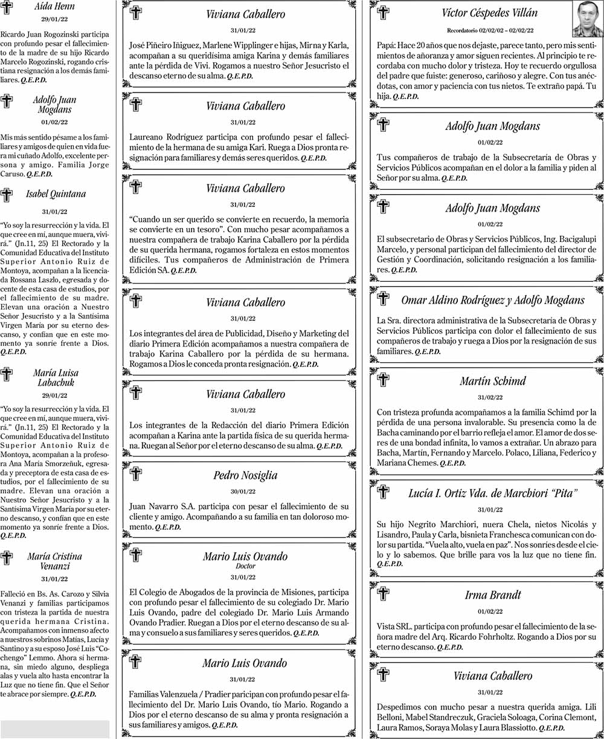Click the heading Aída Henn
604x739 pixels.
pyautogui.click(x=55, y=7)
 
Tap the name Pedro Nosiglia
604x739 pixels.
pyautogui.click(x=245, y=475)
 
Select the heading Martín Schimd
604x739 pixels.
pyautogui.click(x=492, y=381)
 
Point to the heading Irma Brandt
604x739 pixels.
pyautogui.click(x=493, y=595)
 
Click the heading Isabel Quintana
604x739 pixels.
pyautogui.click(x=56, y=194)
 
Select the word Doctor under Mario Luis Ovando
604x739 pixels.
pyautogui.click(x=245, y=566)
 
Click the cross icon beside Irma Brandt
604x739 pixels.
pyautogui.click(x=383, y=594)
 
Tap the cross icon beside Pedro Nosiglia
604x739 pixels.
pyautogui.click(x=136, y=474)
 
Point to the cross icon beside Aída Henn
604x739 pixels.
pyautogui.click(x=7, y=8)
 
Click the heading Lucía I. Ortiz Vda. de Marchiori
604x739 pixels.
pyautogui.click(x=493, y=493)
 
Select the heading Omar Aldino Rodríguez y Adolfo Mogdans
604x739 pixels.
pyautogui.click(x=493, y=300)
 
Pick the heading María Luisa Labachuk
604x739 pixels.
pyautogui.click(x=55, y=378)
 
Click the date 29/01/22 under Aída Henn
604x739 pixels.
pyautogui.click(x=55, y=20)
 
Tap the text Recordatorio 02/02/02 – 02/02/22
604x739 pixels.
pyautogui.click(x=490, y=30)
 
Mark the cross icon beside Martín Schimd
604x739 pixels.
pyautogui.click(x=383, y=380)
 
